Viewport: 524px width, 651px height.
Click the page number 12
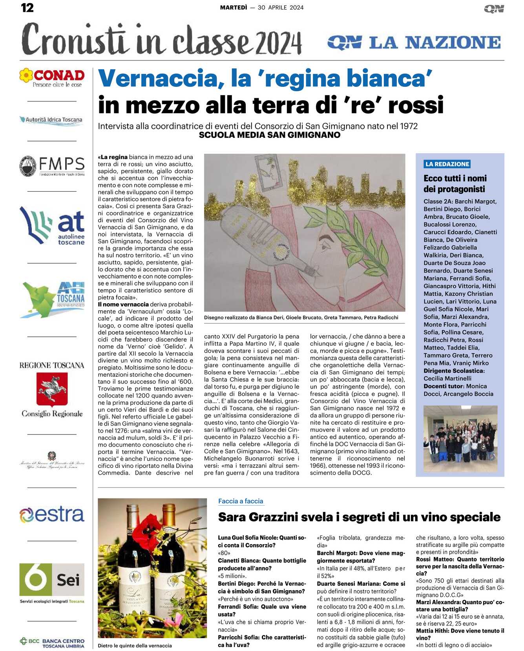[27, 7]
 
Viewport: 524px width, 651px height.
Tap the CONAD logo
[52, 77]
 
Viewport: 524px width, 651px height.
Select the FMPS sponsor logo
[52, 166]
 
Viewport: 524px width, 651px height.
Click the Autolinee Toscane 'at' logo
[52, 226]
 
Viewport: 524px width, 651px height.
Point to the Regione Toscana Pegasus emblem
[52, 389]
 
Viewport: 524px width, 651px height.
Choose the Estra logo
[52, 514]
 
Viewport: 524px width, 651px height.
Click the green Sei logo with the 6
[52, 579]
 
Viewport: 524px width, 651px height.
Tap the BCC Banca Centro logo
[52, 643]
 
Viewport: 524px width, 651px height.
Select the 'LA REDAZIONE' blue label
[447, 164]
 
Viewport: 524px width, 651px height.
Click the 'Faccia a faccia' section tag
[241, 501]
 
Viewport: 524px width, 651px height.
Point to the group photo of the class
[460, 438]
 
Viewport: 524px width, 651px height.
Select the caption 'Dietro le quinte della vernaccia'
[135, 645]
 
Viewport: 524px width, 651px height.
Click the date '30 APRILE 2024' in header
[281, 7]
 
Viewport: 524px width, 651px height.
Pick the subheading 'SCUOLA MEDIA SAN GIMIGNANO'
[269, 135]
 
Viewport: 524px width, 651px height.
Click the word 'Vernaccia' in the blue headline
[156, 79]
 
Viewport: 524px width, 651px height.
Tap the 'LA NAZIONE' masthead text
[435, 42]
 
